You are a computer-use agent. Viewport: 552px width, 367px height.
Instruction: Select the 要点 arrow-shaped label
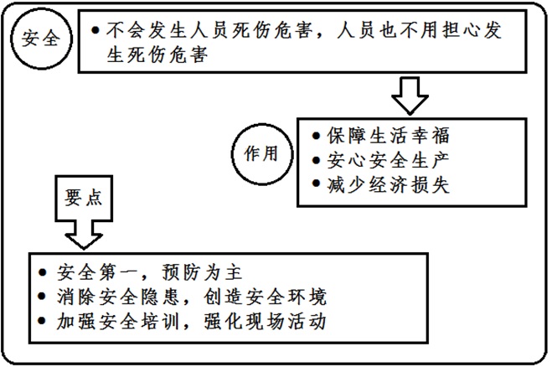point(84,211)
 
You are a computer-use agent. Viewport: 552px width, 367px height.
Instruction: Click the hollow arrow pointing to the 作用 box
point(410,96)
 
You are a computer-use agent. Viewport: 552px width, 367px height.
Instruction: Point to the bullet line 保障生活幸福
point(381,136)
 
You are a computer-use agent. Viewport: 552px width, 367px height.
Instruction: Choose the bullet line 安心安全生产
point(381,160)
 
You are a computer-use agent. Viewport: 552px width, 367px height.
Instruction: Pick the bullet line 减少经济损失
point(381,184)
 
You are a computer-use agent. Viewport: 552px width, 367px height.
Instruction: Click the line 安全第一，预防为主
point(141,272)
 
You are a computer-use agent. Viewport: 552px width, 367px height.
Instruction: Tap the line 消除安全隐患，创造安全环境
point(183,297)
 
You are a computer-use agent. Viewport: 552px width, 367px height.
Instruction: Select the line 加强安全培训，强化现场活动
point(183,322)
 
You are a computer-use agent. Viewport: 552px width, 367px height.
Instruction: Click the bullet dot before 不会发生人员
point(95,30)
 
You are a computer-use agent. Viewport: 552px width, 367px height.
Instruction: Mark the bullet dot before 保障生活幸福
point(316,136)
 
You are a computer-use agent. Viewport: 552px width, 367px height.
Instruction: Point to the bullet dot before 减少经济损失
point(316,183)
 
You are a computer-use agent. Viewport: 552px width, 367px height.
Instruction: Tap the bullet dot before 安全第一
point(42,272)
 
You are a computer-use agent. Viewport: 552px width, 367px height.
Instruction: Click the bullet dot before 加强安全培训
point(42,321)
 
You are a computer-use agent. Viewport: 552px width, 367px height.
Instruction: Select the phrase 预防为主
point(203,272)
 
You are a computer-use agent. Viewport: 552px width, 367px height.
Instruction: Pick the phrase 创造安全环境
point(266,297)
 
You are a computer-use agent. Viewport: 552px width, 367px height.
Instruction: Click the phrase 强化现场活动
point(266,322)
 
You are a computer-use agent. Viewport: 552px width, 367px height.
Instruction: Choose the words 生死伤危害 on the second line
point(157,55)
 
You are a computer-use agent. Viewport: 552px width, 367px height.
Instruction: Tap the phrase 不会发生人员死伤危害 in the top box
point(209,30)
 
